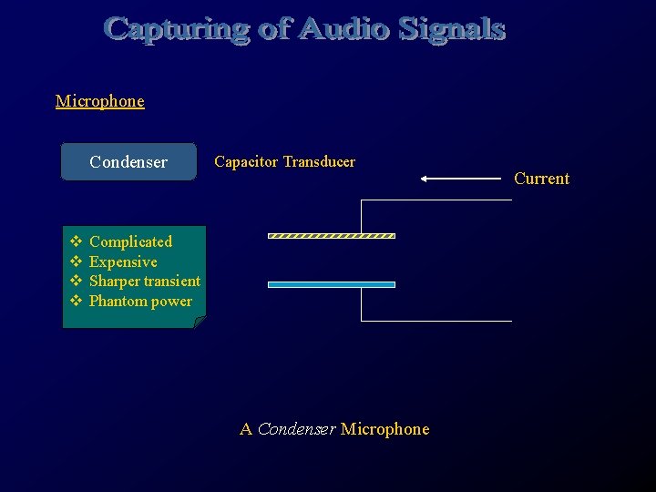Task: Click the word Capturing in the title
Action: pyautogui.click(x=169, y=30)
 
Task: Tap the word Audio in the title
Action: pyautogui.click(x=345, y=30)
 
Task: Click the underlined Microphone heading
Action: pyautogui.click(x=99, y=101)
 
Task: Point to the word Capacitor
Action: pyautogui.click(x=246, y=162)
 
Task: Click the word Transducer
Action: pyautogui.click(x=319, y=162)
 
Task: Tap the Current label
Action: pyautogui.click(x=541, y=179)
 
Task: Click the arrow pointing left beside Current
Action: pyautogui.click(x=460, y=179)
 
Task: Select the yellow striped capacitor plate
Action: pyautogui.click(x=331, y=236)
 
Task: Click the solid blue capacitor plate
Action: pyautogui.click(x=331, y=284)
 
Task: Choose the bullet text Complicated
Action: pyautogui.click(x=130, y=241)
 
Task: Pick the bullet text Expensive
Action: pyautogui.click(x=123, y=261)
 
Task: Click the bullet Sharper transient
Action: pyautogui.click(x=144, y=281)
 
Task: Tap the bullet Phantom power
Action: pyautogui.click(x=140, y=301)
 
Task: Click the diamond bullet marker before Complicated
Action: pyautogui.click(x=77, y=241)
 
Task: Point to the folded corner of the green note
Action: pyautogui.click(x=200, y=322)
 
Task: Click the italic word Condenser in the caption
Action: pyautogui.click(x=296, y=429)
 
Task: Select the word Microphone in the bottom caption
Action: pyautogui.click(x=384, y=429)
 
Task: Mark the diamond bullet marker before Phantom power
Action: pyautogui.click(x=77, y=301)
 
